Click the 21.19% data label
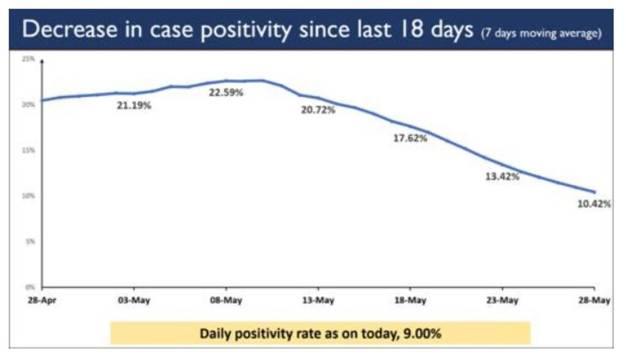click(x=134, y=105)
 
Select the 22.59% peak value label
click(x=226, y=93)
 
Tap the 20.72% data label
click(x=318, y=110)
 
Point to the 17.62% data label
click(x=410, y=138)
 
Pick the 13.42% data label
click(x=502, y=177)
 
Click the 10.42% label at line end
click(x=594, y=204)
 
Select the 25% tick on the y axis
click(x=28, y=59)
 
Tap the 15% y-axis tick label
click(x=28, y=150)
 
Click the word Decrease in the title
click(x=64, y=29)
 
